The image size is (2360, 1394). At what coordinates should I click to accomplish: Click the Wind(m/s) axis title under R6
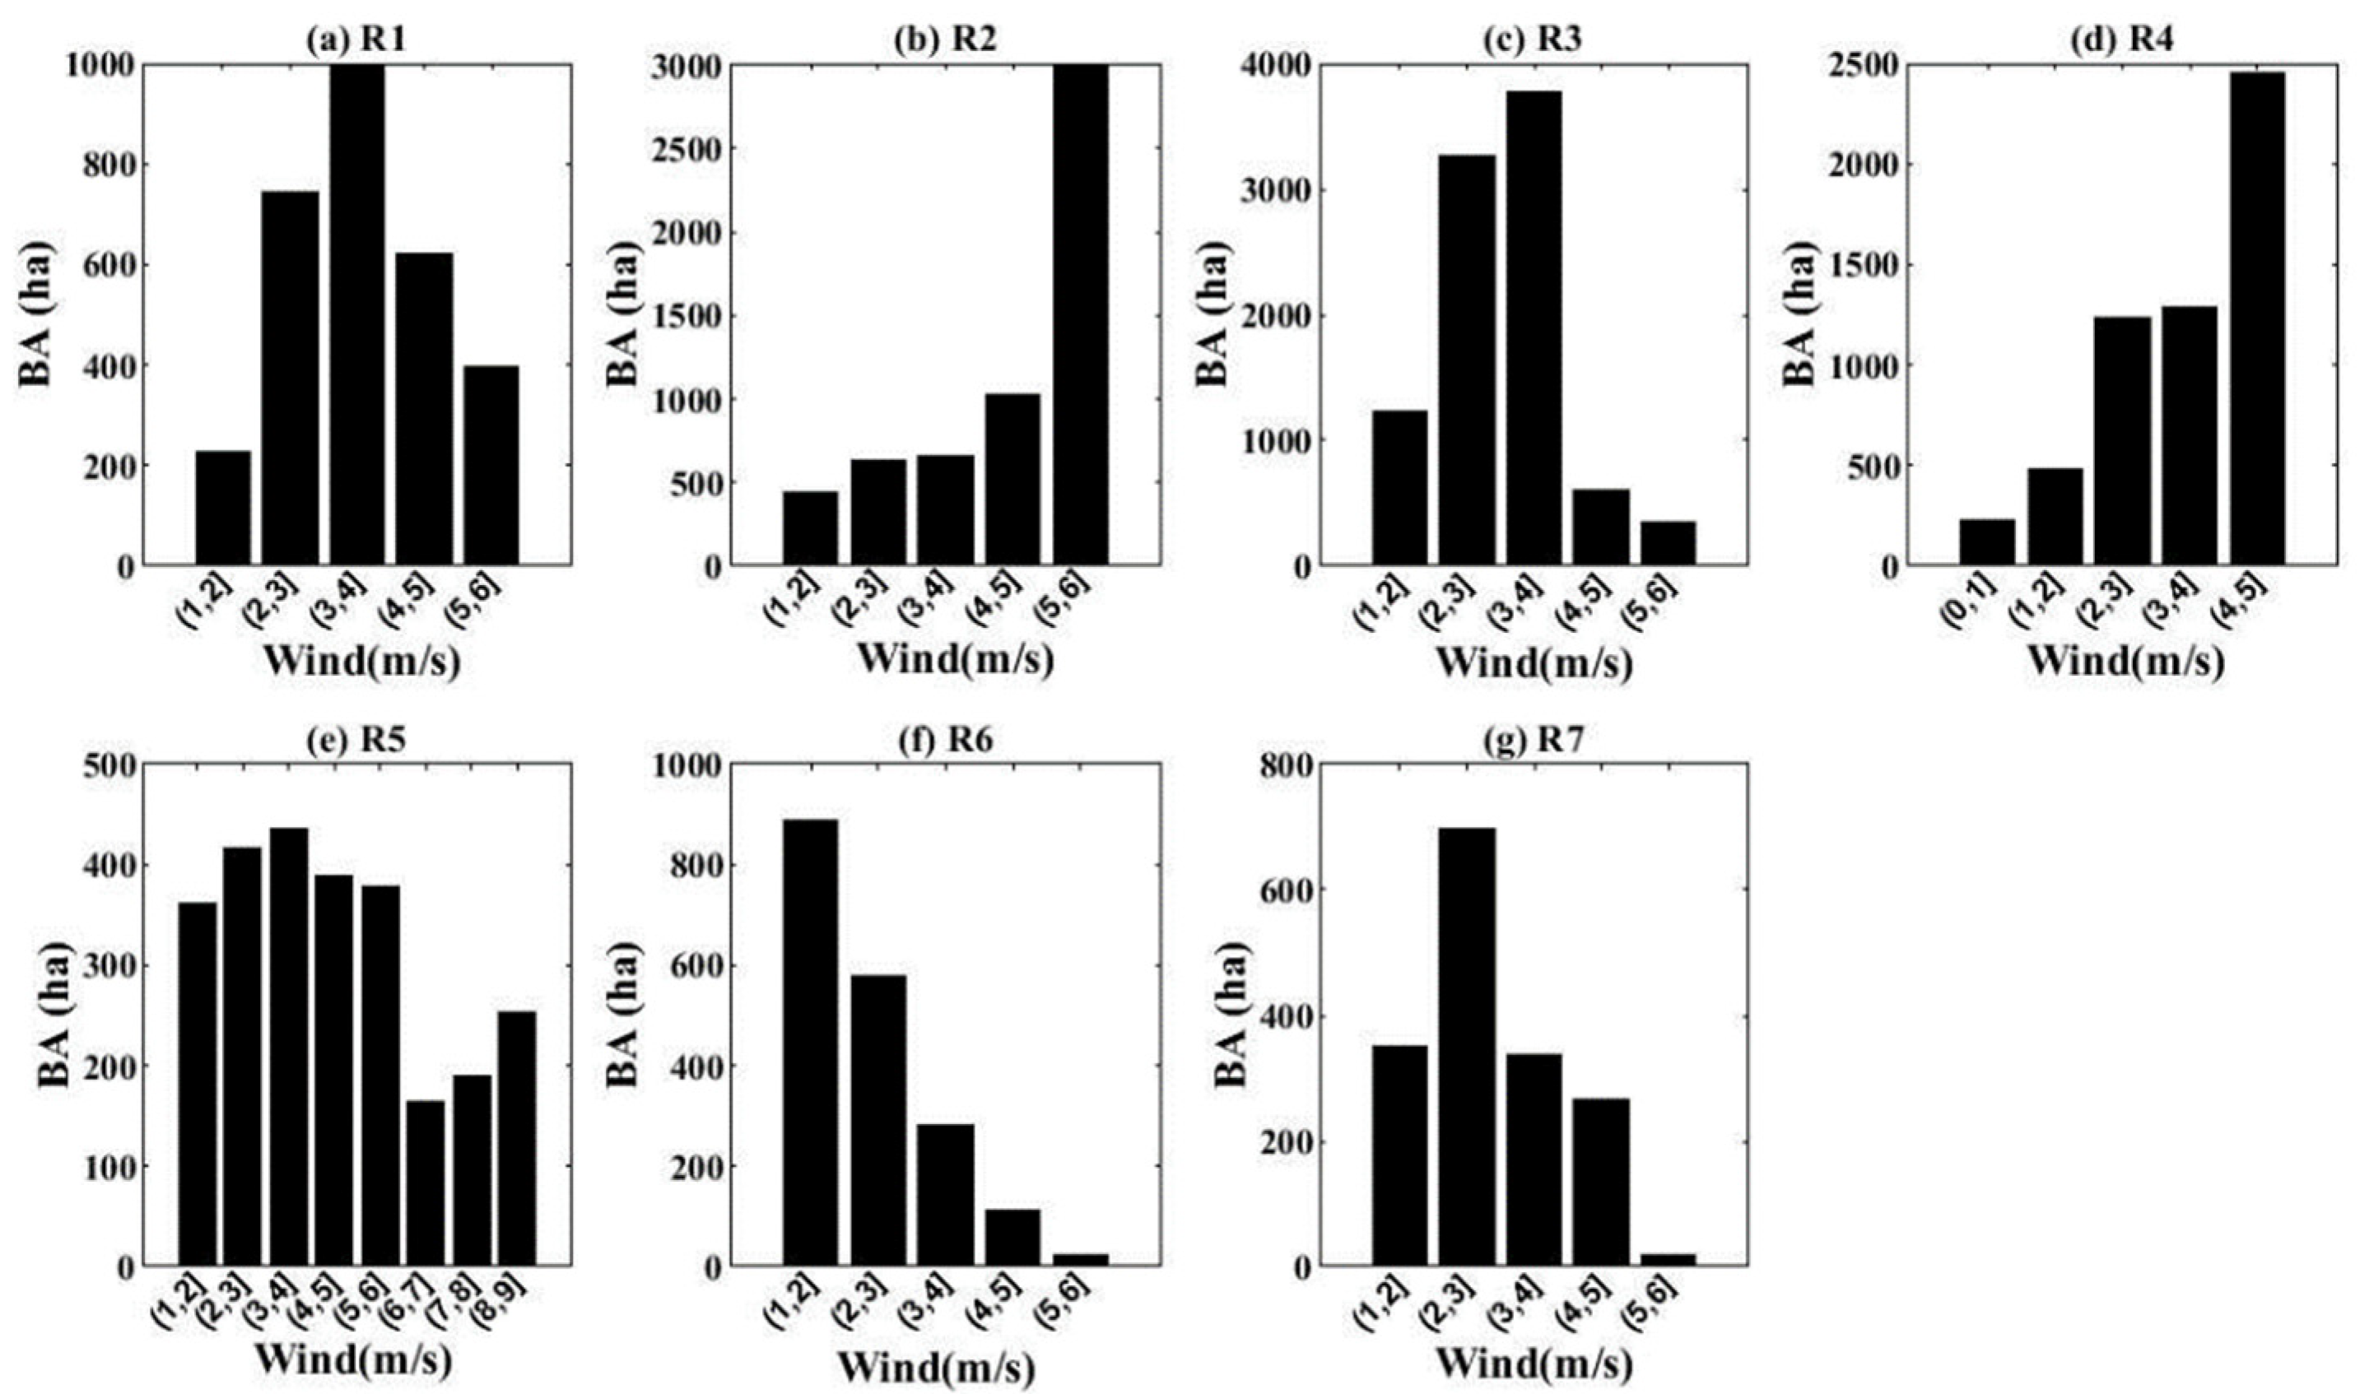pos(936,1366)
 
